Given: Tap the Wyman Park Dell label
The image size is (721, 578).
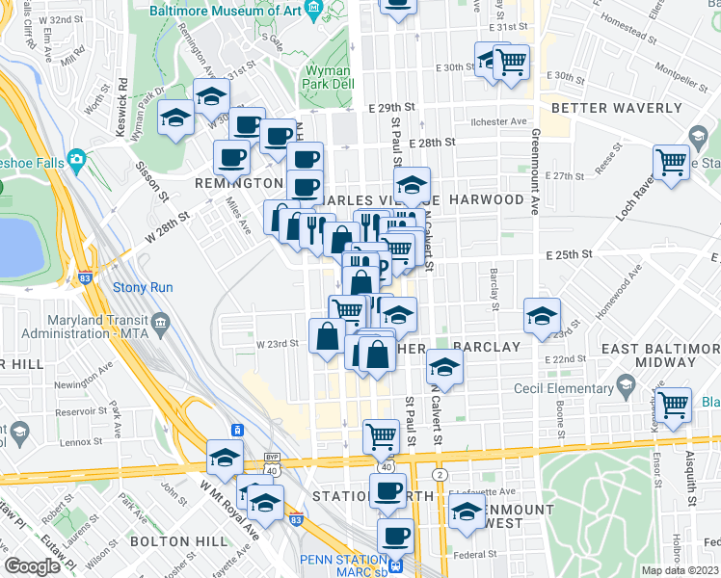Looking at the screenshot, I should [x=329, y=78].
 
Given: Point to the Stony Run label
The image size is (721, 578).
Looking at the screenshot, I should [x=143, y=287].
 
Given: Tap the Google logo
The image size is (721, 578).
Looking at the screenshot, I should [x=32, y=566].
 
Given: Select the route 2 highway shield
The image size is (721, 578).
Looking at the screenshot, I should [x=440, y=475].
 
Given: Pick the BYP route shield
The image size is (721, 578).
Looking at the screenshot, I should [x=274, y=460].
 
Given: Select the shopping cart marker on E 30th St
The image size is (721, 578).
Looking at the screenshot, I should [x=512, y=62].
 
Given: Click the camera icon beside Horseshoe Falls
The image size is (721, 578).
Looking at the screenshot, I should [x=76, y=162].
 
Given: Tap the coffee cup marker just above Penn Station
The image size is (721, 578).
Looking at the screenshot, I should [x=393, y=535].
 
